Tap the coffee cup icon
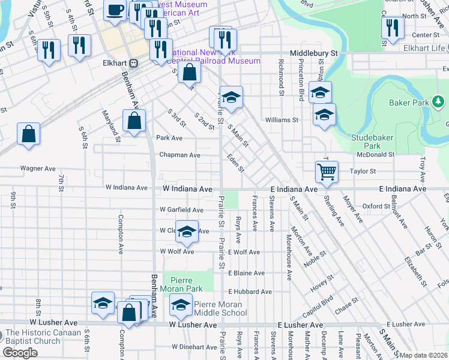tap(116, 10)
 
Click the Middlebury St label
tap(314, 53)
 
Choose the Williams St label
tap(282, 120)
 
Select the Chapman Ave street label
tap(179, 155)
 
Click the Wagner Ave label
tap(38, 169)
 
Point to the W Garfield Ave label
tap(181, 209)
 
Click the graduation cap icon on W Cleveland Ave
tap(187, 233)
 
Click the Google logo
tap(19, 352)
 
